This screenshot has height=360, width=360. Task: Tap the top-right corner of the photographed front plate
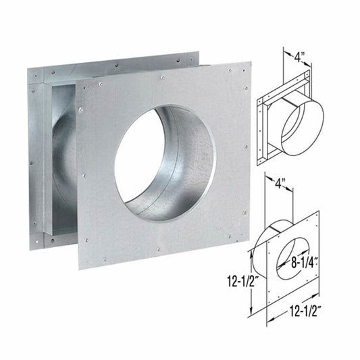point(251,63)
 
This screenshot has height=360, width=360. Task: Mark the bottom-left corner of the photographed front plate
point(79,268)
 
